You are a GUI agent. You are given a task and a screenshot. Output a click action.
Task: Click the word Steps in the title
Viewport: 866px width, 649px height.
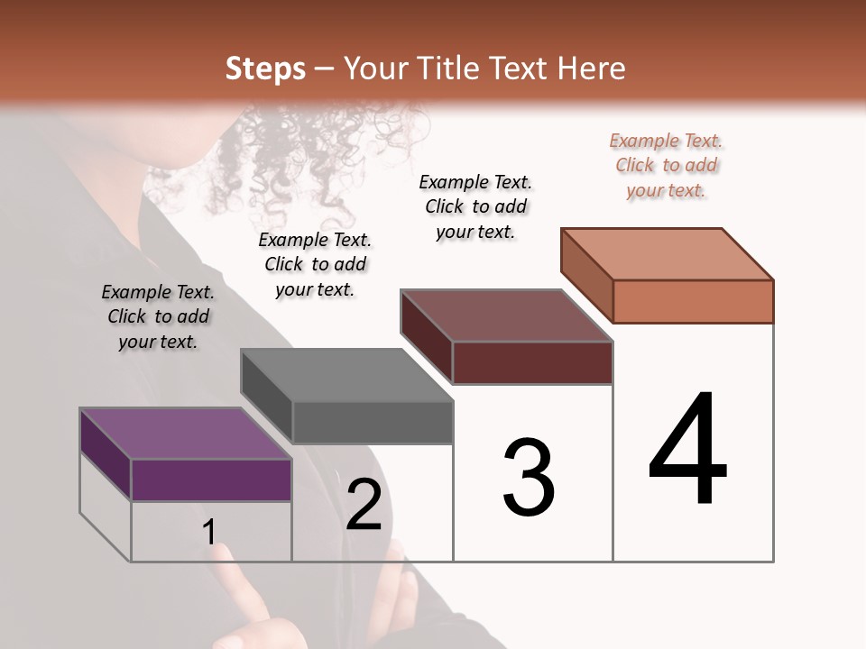click(x=265, y=69)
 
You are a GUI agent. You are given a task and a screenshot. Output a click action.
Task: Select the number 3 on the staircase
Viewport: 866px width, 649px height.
click(x=528, y=477)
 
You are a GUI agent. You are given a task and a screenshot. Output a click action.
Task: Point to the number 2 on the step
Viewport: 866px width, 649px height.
click(x=364, y=505)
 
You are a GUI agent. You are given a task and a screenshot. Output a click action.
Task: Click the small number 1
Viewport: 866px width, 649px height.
click(x=208, y=532)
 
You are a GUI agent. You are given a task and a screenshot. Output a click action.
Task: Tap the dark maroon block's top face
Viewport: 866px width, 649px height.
click(x=506, y=315)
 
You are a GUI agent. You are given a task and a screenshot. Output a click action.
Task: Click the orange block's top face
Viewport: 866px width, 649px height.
click(x=667, y=254)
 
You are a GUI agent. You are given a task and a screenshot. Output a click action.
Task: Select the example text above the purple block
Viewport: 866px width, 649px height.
click(x=158, y=317)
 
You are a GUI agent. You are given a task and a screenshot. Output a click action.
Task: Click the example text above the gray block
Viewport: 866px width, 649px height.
click(x=315, y=264)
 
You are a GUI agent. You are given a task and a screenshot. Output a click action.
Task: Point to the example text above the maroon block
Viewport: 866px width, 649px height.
click(x=475, y=206)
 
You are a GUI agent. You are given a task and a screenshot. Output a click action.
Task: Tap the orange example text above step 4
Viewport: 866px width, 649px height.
click(x=666, y=165)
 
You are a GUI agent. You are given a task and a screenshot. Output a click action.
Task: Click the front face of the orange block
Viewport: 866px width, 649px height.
click(x=693, y=301)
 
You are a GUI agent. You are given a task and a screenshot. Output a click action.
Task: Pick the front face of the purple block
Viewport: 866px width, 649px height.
click(x=211, y=480)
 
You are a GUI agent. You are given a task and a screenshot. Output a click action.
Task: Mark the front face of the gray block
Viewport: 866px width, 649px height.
click(x=373, y=422)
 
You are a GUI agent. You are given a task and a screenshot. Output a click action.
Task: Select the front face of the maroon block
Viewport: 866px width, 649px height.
click(x=532, y=362)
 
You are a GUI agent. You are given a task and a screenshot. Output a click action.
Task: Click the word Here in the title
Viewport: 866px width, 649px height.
click(x=594, y=69)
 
